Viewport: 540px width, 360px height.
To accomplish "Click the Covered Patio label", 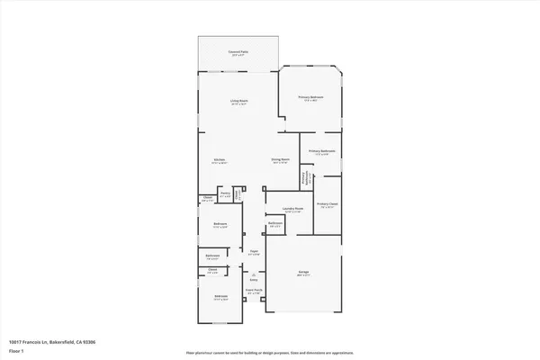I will pos(238,53).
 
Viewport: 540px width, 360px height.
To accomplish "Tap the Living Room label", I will pos(238,102).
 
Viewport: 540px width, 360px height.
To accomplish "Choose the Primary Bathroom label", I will pos(321,151).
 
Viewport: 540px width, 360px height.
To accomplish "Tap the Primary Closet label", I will pos(327,204).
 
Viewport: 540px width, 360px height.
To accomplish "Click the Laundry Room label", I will pos(289,209).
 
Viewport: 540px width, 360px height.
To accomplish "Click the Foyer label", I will pos(254,252).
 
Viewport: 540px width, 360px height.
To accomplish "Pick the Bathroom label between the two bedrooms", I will pos(212,256).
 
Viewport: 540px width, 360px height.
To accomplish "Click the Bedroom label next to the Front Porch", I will pos(220,296).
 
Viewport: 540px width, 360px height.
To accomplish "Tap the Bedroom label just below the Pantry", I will pos(220,224).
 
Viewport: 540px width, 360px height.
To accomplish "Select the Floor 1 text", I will pos(17,350).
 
